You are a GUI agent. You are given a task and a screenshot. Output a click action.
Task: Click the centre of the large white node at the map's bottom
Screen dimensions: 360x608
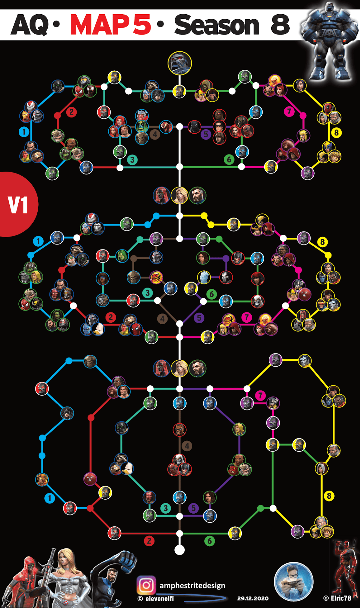click(x=179, y=550)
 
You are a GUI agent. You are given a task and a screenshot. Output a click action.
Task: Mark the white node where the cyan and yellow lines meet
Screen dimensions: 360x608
click(x=179, y=216)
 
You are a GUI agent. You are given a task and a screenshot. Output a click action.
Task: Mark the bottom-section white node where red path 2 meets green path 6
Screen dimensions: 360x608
click(x=179, y=534)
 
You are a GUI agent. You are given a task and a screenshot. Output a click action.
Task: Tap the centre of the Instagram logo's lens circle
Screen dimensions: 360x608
click(x=146, y=585)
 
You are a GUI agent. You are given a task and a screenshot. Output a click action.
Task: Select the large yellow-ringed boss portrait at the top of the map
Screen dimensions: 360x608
click(x=180, y=63)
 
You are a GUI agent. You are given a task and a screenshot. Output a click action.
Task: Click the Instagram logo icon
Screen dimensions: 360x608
click(x=146, y=585)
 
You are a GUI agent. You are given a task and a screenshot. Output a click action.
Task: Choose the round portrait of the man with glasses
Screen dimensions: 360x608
click(x=293, y=582)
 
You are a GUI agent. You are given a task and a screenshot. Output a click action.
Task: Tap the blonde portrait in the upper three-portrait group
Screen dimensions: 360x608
click(x=180, y=196)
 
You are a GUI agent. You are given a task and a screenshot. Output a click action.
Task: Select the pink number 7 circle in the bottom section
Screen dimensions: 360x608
click(x=260, y=395)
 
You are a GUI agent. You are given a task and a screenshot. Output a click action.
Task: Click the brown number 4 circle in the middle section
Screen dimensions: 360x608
click(x=162, y=319)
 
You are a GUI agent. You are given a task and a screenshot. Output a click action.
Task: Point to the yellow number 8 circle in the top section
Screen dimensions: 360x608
click(x=336, y=132)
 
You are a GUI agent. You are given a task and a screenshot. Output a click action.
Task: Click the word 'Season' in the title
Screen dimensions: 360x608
click(x=217, y=25)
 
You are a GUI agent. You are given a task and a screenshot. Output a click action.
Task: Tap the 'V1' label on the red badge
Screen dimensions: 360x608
click(x=18, y=205)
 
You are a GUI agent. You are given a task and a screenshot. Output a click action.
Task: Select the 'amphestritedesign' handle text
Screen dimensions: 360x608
click(x=192, y=586)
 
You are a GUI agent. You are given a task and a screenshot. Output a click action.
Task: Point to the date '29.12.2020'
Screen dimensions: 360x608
click(x=253, y=598)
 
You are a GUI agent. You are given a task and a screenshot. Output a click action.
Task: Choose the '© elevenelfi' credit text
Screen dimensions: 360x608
click(x=156, y=598)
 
